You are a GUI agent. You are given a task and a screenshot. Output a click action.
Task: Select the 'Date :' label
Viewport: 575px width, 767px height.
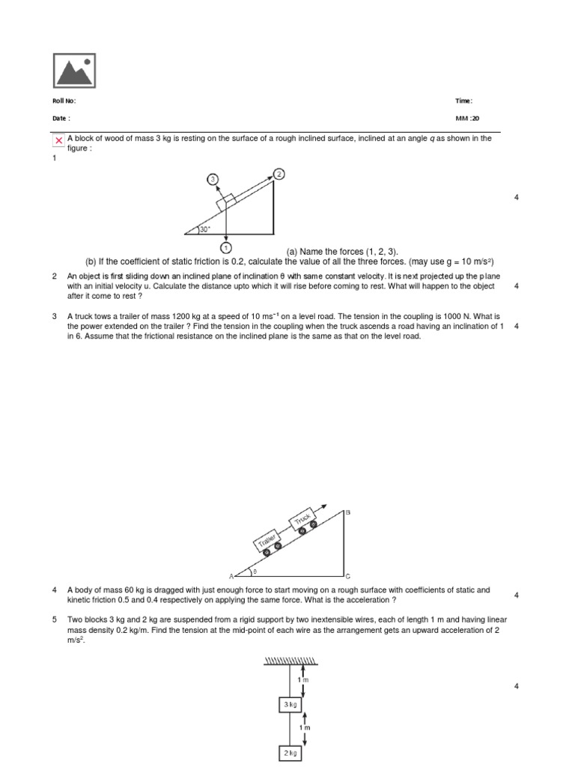pyautogui.click(x=60, y=118)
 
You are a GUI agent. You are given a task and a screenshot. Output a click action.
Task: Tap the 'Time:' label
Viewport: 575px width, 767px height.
pyautogui.click(x=463, y=101)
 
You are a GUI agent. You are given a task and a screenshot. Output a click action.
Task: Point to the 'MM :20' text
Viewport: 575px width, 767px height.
pyautogui.click(x=467, y=118)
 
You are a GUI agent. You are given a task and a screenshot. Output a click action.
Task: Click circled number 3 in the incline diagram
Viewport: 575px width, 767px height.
pyautogui.click(x=212, y=179)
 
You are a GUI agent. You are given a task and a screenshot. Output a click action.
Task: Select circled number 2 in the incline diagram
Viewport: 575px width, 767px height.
pyautogui.click(x=279, y=174)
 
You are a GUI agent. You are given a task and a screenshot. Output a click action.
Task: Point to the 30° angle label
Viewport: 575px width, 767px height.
pyautogui.click(x=205, y=229)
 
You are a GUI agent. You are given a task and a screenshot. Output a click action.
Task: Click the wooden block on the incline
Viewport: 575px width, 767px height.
pyautogui.click(x=226, y=201)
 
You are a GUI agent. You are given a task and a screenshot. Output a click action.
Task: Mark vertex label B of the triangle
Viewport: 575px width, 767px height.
pyautogui.click(x=347, y=512)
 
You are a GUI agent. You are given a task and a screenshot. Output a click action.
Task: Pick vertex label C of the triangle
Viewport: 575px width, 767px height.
pyautogui.click(x=347, y=576)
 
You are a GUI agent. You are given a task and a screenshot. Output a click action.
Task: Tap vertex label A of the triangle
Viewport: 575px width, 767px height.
pyautogui.click(x=231, y=575)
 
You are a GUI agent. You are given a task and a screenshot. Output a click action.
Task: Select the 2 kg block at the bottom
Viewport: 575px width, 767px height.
pyautogui.click(x=290, y=754)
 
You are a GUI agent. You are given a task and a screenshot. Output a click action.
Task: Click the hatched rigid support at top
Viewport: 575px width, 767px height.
pyautogui.click(x=290, y=659)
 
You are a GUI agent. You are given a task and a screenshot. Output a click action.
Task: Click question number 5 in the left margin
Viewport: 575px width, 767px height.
pyautogui.click(x=55, y=620)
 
